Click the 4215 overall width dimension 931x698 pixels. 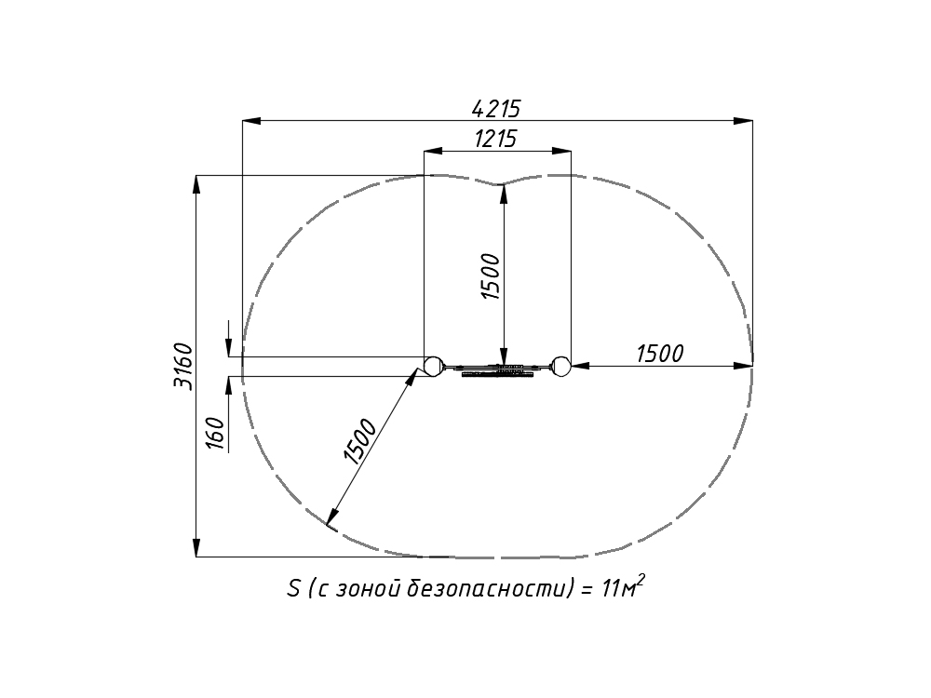496,109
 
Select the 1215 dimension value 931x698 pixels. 496,139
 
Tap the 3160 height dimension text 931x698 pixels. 183,366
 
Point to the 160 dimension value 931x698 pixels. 216,434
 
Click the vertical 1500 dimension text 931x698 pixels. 492,276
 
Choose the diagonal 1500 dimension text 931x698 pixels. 359,441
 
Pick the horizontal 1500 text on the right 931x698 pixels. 660,354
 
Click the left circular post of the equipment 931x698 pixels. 433,366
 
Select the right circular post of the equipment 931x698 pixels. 561,366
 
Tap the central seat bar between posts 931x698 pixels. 497,369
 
